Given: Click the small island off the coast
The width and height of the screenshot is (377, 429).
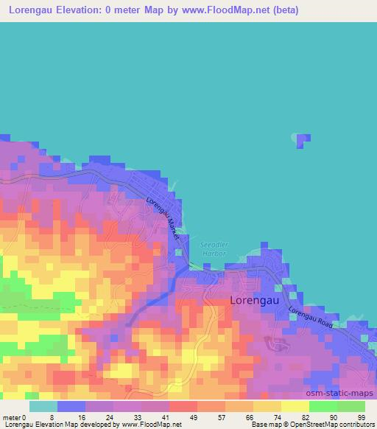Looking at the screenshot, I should [x=301, y=140].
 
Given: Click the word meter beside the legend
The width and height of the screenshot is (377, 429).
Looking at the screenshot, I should [x=12, y=417].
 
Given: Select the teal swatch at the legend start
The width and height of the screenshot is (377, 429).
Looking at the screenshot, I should [x=43, y=406].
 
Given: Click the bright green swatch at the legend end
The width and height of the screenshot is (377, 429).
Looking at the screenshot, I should [x=351, y=406].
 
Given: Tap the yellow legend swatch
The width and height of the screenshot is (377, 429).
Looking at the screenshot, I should [x=295, y=406].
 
